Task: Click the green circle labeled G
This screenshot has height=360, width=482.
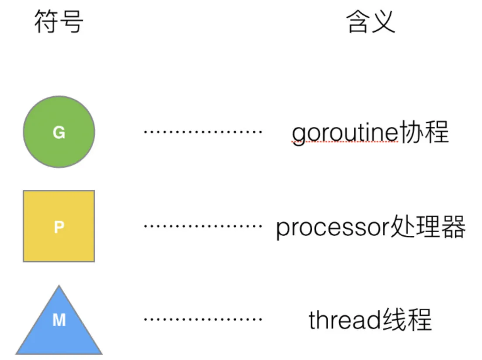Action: [x=59, y=132]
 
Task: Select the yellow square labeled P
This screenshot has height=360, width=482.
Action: [x=59, y=226]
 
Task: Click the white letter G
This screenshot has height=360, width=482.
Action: [x=59, y=133]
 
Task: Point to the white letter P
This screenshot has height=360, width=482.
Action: [x=59, y=227]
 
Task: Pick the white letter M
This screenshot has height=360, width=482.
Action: [x=59, y=321]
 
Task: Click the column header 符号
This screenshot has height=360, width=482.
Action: [x=59, y=22]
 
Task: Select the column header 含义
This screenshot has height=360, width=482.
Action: [x=370, y=22]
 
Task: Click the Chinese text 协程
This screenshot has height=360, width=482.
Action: [x=423, y=132]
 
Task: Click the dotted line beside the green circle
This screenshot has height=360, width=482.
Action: [x=203, y=131]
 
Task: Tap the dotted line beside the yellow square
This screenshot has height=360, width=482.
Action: [x=203, y=226]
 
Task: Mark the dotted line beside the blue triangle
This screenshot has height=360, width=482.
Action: [x=203, y=319]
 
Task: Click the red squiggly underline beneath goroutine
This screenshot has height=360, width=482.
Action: [x=345, y=143]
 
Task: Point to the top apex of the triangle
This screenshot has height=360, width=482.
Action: [x=59, y=287]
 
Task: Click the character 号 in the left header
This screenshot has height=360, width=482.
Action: [x=71, y=22]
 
